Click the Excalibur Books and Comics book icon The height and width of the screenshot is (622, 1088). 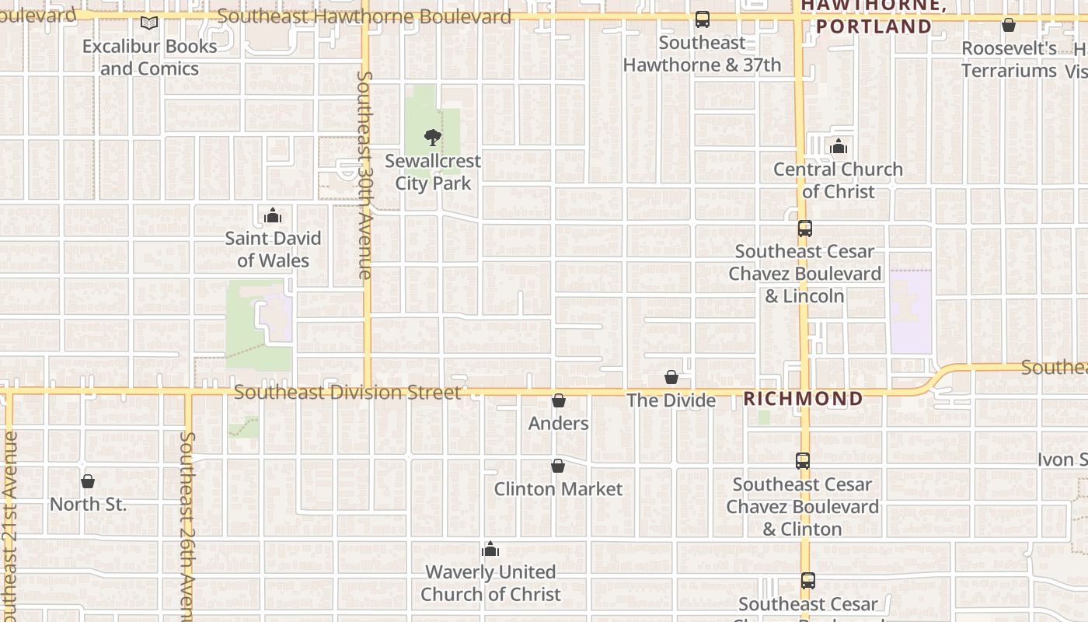pyautogui.click(x=149, y=24)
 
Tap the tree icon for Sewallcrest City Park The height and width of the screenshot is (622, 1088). pyautogui.click(x=433, y=138)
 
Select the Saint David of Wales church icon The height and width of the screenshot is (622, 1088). pyautogui.click(x=273, y=215)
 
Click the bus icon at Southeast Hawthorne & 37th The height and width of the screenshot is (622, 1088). pyautogui.click(x=703, y=19)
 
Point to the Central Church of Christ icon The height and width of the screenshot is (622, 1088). pyautogui.click(x=839, y=146)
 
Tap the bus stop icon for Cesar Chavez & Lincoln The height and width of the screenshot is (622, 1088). pyautogui.click(x=805, y=229)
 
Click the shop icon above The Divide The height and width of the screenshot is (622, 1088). pyautogui.click(x=671, y=377)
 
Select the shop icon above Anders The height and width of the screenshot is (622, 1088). pyautogui.click(x=558, y=400)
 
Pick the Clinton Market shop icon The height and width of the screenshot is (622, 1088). pyautogui.click(x=558, y=466)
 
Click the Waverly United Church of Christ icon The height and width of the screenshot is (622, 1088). pyautogui.click(x=490, y=550)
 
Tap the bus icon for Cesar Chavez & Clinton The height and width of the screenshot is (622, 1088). pyautogui.click(x=803, y=461)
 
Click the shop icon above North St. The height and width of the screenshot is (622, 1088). pyautogui.click(x=88, y=481)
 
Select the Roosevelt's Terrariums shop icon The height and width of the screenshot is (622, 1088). pyautogui.click(x=1009, y=26)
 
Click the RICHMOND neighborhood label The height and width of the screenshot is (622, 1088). pyautogui.click(x=804, y=399)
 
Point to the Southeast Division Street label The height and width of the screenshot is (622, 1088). pyautogui.click(x=347, y=393)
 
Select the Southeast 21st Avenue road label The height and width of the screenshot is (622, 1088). pyautogui.click(x=9, y=529)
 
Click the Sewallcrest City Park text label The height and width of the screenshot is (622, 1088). pyautogui.click(x=433, y=173)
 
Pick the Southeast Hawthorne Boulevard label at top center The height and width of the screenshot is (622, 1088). pyautogui.click(x=364, y=16)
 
